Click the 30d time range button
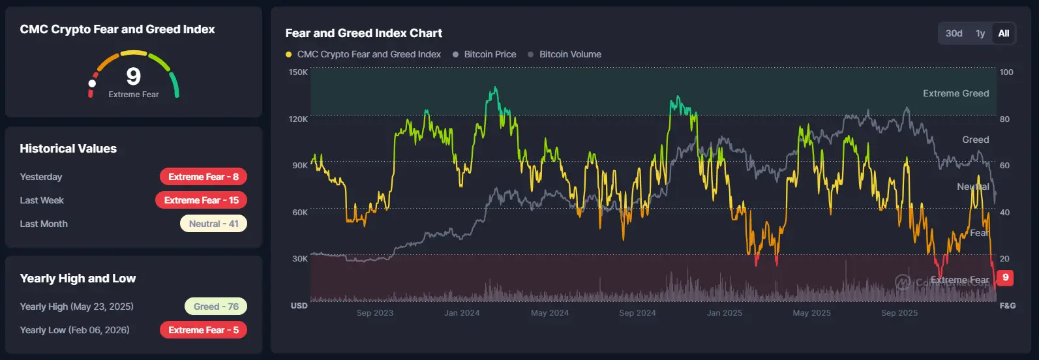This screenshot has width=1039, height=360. [x=954, y=33]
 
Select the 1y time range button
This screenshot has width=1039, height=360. [x=980, y=33]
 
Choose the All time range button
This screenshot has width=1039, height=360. [x=1004, y=33]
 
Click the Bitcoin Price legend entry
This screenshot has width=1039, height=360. [x=489, y=54]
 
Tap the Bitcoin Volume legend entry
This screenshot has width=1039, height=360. [x=569, y=54]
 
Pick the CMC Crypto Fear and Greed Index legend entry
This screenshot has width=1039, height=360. [x=369, y=54]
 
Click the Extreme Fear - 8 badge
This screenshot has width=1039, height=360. [x=203, y=177]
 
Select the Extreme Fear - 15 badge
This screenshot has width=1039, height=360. [x=201, y=200]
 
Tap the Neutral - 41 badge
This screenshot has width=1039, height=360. [x=213, y=224]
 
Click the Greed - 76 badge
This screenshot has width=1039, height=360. [x=216, y=307]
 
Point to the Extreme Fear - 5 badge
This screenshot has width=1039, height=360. [x=203, y=330]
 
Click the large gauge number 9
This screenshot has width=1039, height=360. [x=133, y=77]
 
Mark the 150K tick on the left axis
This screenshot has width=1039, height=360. [x=298, y=72]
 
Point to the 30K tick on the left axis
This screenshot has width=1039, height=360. [x=299, y=259]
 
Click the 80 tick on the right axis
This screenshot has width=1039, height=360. [x=1004, y=119]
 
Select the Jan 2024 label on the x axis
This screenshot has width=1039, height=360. [x=462, y=313]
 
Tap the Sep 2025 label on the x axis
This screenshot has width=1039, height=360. [x=899, y=313]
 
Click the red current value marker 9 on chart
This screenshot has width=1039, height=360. [x=1005, y=278]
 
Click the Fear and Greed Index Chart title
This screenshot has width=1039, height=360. [x=363, y=33]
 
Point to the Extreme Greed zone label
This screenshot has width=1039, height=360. [x=956, y=93]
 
